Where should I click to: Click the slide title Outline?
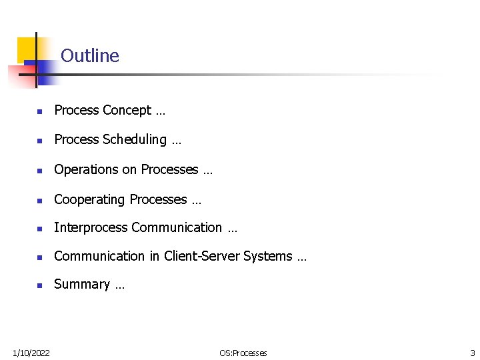[x=90, y=56]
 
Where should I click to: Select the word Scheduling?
[x=135, y=140]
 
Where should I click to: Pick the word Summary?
[x=81, y=285]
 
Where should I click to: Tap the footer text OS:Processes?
[x=243, y=353]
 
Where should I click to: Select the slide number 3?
[x=472, y=353]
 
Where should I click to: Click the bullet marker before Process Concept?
[x=40, y=112]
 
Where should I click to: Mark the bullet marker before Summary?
[x=40, y=286]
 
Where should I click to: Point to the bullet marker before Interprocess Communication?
[x=40, y=229]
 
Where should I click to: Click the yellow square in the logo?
[x=27, y=48]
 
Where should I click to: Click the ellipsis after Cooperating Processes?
[x=196, y=200]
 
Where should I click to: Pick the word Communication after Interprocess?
[x=177, y=228]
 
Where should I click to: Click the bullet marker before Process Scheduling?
[x=40, y=141]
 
